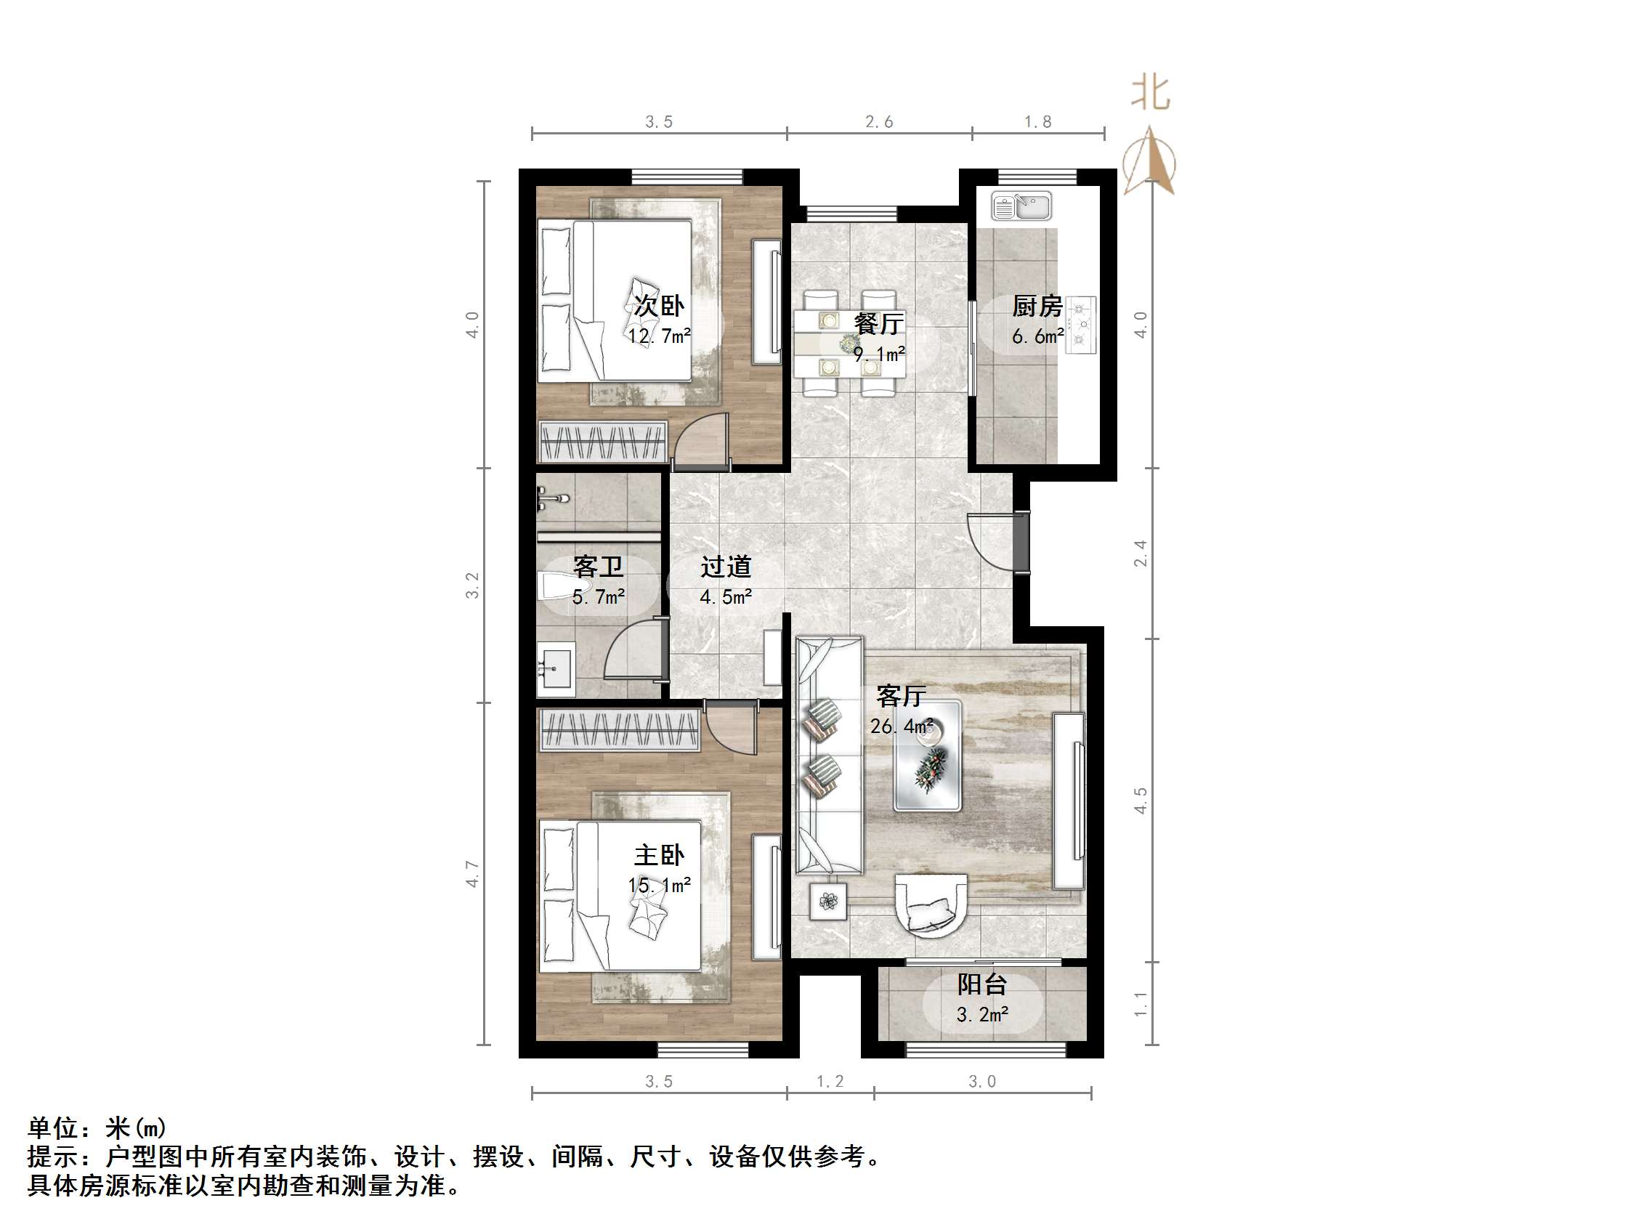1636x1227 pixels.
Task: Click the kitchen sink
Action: (x=1021, y=206)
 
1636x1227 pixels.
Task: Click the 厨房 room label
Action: (x=1037, y=306)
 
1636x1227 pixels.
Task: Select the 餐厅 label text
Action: (x=878, y=323)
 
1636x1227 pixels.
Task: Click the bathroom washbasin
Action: (x=555, y=668)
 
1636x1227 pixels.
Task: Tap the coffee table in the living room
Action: (x=928, y=755)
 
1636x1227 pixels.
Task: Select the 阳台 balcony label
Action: (x=982, y=984)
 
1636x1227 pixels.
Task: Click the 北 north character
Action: (x=1151, y=94)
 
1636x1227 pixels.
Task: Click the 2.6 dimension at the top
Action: (x=880, y=122)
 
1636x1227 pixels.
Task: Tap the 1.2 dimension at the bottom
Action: (x=830, y=1081)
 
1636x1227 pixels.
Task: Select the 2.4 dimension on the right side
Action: (x=1141, y=554)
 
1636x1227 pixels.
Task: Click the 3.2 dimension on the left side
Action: (x=473, y=585)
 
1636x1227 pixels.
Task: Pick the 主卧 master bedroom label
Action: (x=659, y=856)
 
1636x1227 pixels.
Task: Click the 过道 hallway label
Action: (x=726, y=567)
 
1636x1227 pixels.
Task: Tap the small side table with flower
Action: (x=827, y=901)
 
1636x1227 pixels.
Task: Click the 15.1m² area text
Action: (x=659, y=886)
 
